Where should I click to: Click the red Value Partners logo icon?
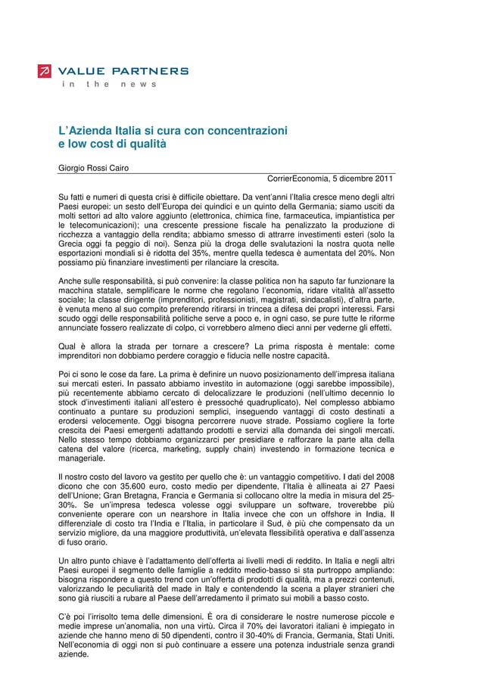[45, 71]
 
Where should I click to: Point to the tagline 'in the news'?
[109, 84]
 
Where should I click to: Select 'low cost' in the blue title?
[92, 143]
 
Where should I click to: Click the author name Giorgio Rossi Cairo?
[94, 168]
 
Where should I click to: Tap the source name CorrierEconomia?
[299, 179]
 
